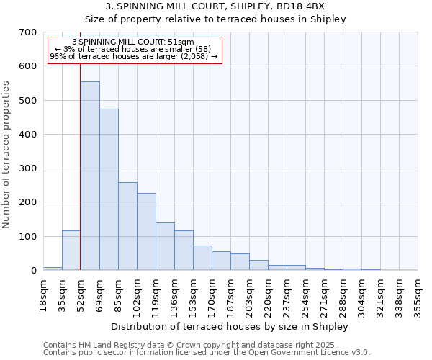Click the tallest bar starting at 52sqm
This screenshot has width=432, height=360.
(90, 176)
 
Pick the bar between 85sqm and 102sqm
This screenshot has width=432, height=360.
(127, 226)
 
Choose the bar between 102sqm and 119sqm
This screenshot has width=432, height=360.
(146, 232)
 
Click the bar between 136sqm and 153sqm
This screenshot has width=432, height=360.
(184, 251)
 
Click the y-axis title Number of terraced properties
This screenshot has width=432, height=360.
(6, 155)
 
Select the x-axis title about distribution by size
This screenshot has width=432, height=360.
(230, 326)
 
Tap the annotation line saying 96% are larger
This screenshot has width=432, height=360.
(134, 56)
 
